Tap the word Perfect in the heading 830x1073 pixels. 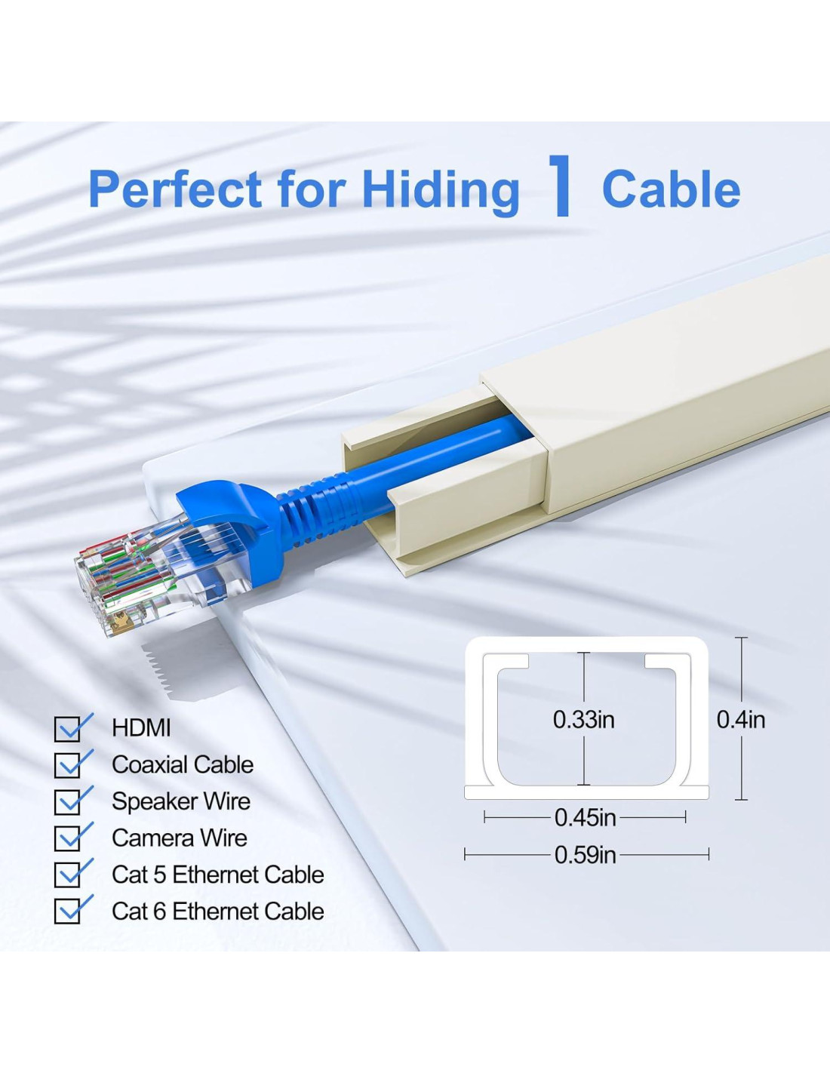tap(175, 189)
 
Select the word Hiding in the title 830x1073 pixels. tap(441, 192)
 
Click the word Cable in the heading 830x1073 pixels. tap(671, 189)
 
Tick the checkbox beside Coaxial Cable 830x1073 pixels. tap(67, 765)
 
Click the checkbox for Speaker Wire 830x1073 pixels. tap(67, 801)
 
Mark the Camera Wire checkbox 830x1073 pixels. tap(67, 838)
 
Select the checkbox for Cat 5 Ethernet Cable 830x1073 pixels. tap(67, 875)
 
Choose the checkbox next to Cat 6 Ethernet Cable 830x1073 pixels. tap(67, 911)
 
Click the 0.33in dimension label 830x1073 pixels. tap(583, 720)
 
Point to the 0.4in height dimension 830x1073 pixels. tap(741, 721)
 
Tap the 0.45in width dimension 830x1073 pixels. tap(585, 818)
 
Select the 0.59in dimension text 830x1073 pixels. tap(585, 855)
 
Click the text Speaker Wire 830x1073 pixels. tap(181, 801)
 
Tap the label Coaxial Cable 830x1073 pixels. tap(183, 764)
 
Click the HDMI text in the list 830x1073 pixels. tap(141, 728)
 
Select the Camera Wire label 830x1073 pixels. tap(180, 838)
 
